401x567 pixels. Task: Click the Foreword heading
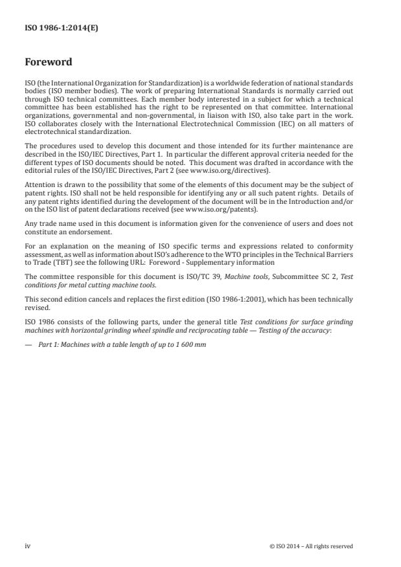click(49, 63)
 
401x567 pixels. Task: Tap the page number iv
click(28, 546)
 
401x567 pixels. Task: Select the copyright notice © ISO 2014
click(310, 546)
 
